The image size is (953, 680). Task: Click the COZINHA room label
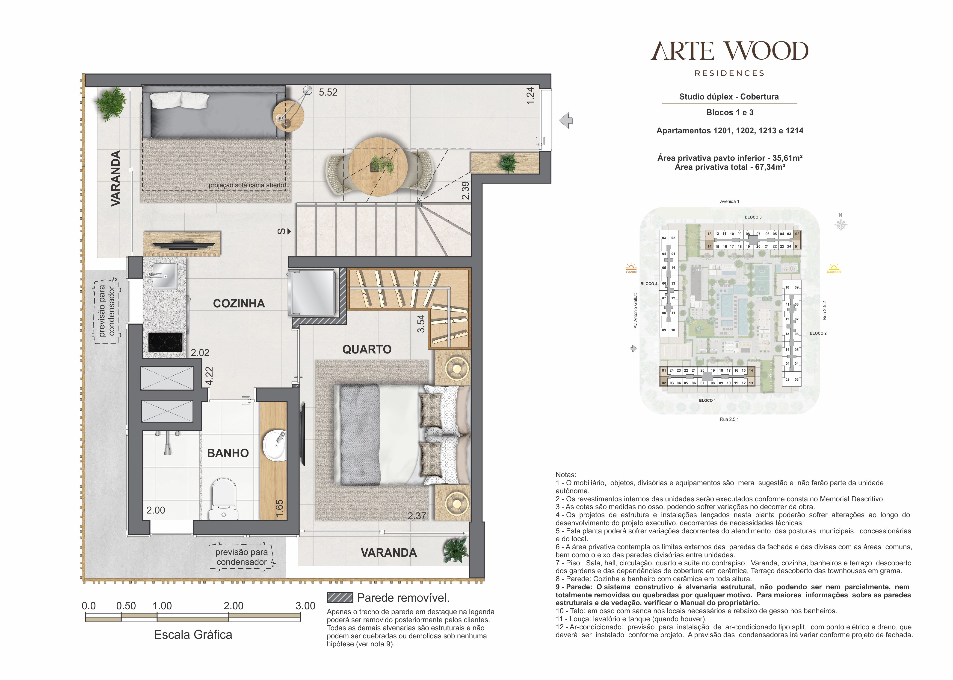(x=239, y=304)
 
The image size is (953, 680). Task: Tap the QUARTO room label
(x=367, y=349)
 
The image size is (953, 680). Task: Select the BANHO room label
(x=228, y=453)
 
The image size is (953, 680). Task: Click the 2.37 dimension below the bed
(x=417, y=516)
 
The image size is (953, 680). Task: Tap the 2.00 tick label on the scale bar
(x=234, y=606)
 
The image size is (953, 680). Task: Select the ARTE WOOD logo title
(x=729, y=51)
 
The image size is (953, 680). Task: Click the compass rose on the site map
(x=840, y=225)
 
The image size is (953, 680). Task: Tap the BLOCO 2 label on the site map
(x=818, y=333)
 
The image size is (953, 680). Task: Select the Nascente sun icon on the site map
(x=834, y=268)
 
